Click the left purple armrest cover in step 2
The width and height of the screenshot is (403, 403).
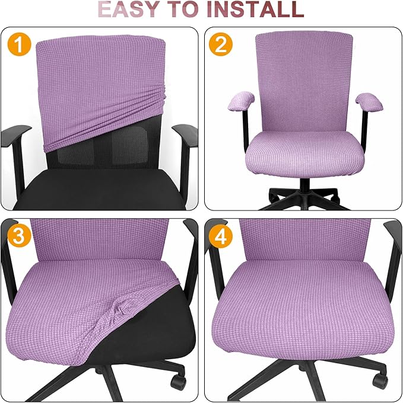point(240,102)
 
